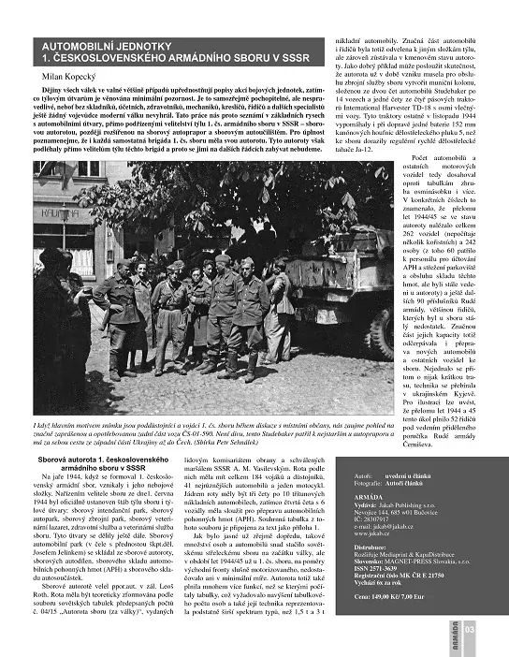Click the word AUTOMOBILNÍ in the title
75,45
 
